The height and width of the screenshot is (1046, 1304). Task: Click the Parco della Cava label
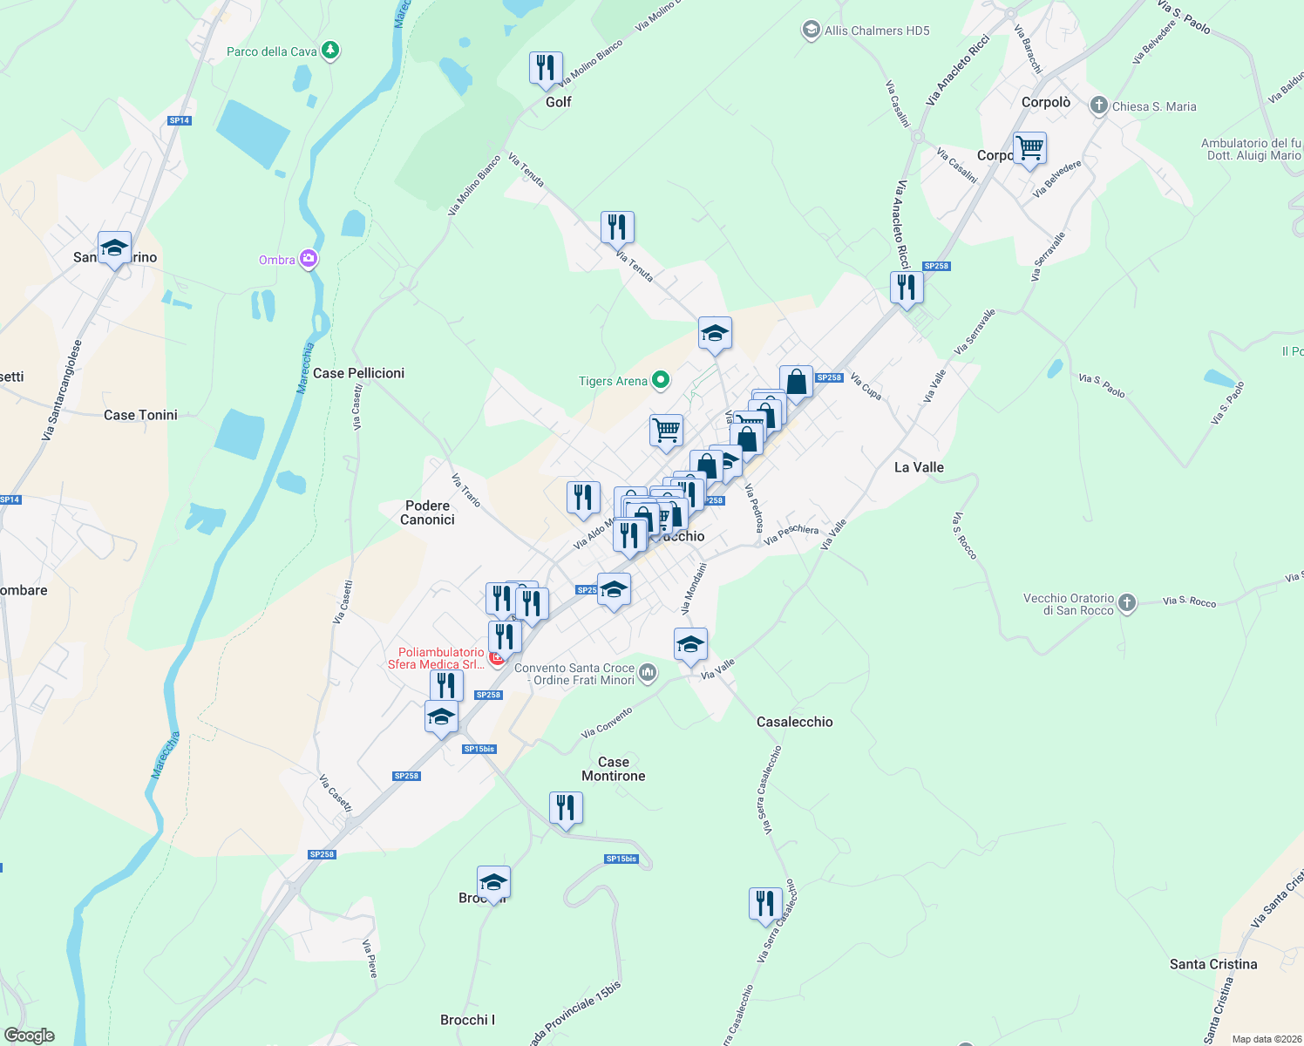272,51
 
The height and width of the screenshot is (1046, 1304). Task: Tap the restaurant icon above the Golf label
546,68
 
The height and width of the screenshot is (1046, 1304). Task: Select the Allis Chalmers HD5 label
877,31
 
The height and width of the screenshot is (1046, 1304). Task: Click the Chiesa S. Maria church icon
1098,105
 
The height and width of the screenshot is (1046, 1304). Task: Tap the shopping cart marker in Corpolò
1029,148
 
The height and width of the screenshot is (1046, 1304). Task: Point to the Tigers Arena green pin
661,380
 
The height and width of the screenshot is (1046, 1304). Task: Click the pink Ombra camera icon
309,259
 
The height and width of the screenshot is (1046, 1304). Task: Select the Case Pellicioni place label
358,373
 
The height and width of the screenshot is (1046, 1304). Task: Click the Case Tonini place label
140,415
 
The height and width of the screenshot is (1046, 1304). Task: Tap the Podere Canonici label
427,513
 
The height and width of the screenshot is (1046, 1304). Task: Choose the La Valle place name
919,467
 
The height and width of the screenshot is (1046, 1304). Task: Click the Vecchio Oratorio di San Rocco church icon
1127,602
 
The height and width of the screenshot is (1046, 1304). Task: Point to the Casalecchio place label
794,722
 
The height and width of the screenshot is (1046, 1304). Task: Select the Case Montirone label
614,769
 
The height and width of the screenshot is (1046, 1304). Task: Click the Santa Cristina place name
1213,964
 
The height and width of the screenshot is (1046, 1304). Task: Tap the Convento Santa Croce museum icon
648,672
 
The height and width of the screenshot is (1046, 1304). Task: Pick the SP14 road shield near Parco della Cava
180,120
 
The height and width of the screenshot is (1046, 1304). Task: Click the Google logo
30,1036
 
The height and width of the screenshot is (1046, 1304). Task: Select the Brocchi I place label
467,1020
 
